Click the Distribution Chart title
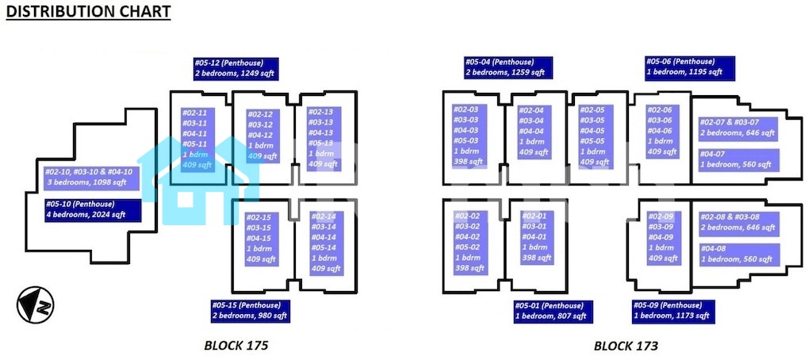89,13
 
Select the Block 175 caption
236,346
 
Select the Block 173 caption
626,346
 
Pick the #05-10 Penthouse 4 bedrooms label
93,209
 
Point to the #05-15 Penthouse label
251,311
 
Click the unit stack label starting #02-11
197,139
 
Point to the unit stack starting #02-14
324,243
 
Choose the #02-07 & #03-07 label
737,128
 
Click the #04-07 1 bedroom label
737,159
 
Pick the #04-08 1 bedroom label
737,254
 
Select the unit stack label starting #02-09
664,237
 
